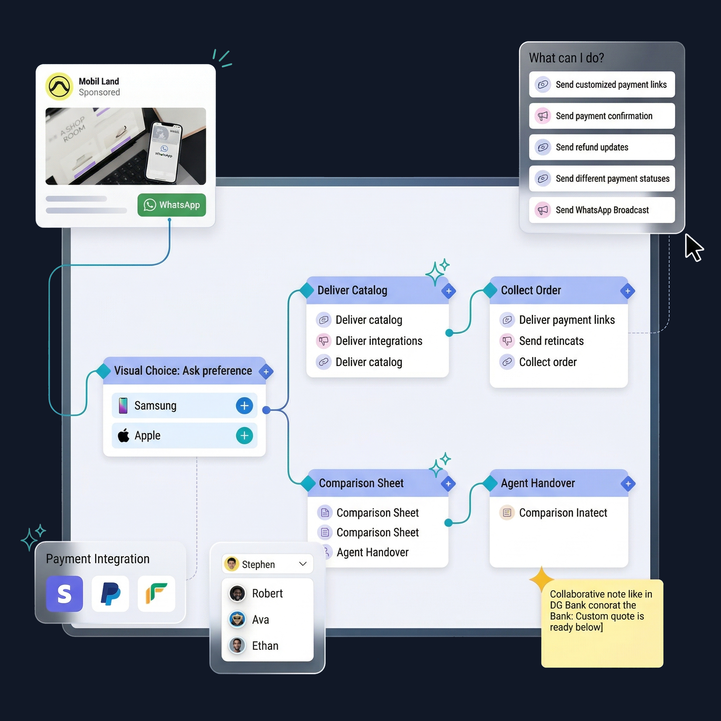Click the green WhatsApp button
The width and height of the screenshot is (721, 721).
[172, 205]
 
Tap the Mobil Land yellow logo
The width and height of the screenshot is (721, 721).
[59, 87]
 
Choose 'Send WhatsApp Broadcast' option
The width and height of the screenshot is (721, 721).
[602, 210]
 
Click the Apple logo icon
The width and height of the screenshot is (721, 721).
[124, 435]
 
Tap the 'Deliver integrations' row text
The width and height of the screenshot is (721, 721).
[378, 341]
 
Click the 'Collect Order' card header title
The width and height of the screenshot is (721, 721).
[530, 290]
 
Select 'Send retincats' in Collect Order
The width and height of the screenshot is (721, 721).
[551, 341]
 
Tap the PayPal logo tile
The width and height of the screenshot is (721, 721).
[111, 593]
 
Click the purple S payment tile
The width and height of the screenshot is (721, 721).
[64, 593]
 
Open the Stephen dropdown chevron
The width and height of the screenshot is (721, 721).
[303, 564]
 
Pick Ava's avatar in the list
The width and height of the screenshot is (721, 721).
[237, 620]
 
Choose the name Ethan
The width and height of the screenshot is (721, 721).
[265, 646]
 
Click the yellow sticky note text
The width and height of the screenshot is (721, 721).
[601, 610]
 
